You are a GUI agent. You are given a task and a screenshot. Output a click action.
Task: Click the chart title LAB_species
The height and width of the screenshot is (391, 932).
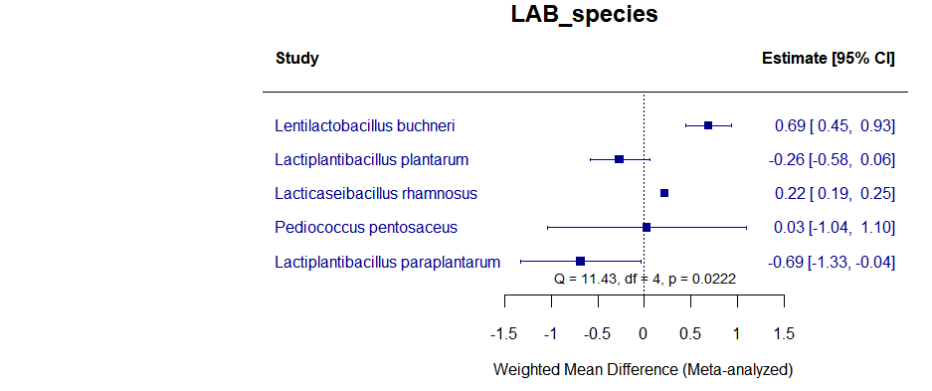point(584,15)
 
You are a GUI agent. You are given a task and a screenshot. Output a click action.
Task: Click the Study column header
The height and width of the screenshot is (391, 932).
point(296,59)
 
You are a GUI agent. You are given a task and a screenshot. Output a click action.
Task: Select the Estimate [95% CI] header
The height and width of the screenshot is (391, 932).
point(828,59)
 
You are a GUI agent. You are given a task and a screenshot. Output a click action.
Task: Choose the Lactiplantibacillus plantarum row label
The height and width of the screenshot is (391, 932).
point(371,159)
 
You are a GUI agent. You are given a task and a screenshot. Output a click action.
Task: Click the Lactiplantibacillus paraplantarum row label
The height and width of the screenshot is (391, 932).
point(387,262)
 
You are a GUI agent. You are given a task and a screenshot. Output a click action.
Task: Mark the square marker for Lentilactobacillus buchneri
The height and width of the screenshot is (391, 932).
point(708,125)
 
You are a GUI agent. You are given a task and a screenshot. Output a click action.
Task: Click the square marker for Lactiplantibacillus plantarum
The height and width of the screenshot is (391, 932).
point(619,159)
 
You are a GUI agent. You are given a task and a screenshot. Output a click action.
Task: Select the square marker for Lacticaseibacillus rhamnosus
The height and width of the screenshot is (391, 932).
point(664,193)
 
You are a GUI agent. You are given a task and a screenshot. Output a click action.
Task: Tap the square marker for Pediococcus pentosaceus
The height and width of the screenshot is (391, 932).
point(647,227)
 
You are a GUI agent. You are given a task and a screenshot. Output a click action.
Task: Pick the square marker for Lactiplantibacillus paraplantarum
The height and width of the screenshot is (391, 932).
point(580,262)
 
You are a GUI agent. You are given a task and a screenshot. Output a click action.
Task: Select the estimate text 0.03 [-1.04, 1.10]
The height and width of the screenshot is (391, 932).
point(835,228)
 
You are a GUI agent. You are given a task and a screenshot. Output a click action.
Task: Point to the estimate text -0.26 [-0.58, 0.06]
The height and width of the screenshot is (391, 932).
point(833,159)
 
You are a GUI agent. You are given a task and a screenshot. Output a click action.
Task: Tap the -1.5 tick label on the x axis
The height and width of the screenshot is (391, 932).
point(504,331)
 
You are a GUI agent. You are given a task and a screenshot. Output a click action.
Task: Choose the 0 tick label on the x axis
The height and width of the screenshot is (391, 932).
point(645,331)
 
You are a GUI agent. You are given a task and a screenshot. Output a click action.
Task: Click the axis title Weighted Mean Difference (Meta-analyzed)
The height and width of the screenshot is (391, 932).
point(644,370)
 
